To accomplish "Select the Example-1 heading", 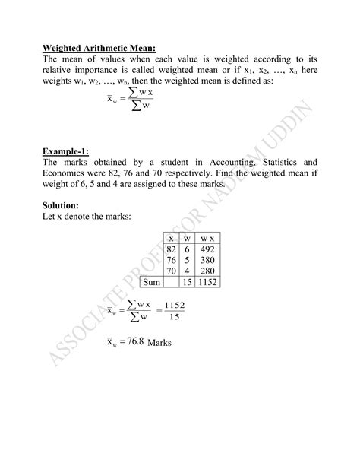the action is tap(65, 151).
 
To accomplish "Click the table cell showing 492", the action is tap(207, 249).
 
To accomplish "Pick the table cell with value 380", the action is tap(207, 260).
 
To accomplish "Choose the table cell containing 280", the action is tap(207, 271).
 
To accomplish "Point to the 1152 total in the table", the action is tap(207, 282).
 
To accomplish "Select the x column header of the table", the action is tap(171, 238).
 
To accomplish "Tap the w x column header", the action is tap(207, 238).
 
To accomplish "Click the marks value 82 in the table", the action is tap(171, 249).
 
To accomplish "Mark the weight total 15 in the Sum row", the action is tap(187, 282).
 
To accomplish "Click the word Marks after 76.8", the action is tap(160, 344).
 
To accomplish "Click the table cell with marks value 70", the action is tap(171, 271).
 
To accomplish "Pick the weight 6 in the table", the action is tap(187, 249).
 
